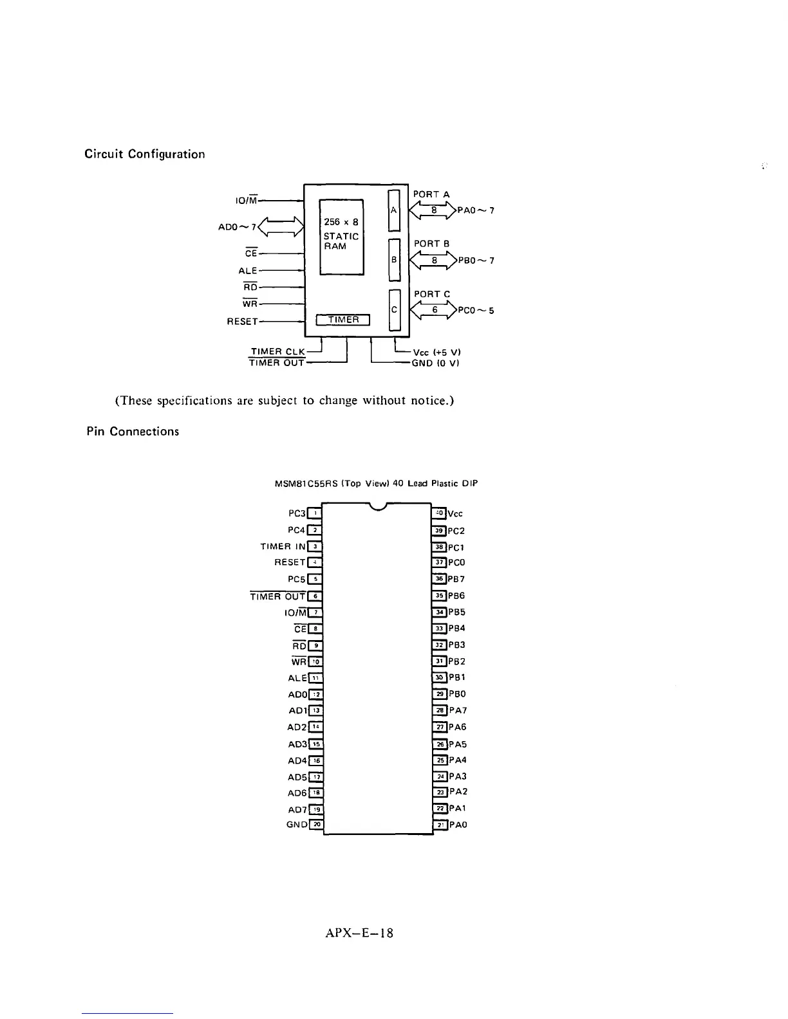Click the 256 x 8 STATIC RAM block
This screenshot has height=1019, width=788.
pos(342,236)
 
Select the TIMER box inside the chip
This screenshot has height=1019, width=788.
pos(343,320)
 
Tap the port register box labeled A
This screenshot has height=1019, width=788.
pos(394,210)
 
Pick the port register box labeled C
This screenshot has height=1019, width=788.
pos(394,310)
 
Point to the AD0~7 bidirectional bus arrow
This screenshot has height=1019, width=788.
pos(281,226)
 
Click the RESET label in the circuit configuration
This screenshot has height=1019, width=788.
pos(242,321)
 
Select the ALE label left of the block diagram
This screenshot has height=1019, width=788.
pos(247,271)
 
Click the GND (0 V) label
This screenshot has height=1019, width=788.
pos(435,363)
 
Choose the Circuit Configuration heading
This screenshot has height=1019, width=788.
pos(145,154)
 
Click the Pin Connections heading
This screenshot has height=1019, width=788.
pos(133,431)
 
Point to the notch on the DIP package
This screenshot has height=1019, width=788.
pos(377,508)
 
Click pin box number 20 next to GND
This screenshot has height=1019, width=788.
pos(316,825)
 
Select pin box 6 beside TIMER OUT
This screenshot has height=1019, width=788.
pos(315,596)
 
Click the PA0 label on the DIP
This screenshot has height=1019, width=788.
pos(458,825)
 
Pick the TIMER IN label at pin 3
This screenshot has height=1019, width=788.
pos(283,547)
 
